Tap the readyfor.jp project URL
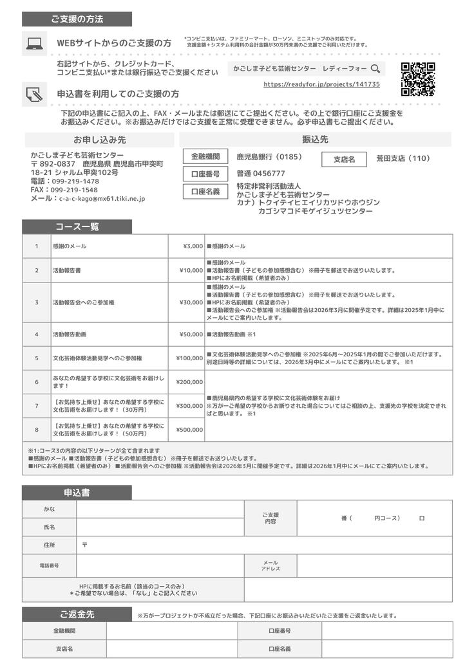pyautogui.click(x=321, y=84)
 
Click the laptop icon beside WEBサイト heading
pyautogui.click(x=34, y=44)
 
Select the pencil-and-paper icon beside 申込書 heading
pyautogui.click(x=34, y=95)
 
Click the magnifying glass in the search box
pyautogui.click(x=375, y=68)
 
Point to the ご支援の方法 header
pyautogui.click(x=77, y=19)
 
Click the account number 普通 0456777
pyautogui.click(x=261, y=174)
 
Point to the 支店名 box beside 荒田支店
pyautogui.click(x=343, y=160)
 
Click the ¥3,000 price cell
pyautogui.click(x=186, y=246)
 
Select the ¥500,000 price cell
pyautogui.click(x=186, y=430)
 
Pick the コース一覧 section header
pyautogui.click(x=77, y=227)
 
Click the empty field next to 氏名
pyautogui.click(x=160, y=527)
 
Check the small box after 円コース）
pyautogui.click(x=422, y=518)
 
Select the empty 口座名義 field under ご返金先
pyautogui.click(x=386, y=649)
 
